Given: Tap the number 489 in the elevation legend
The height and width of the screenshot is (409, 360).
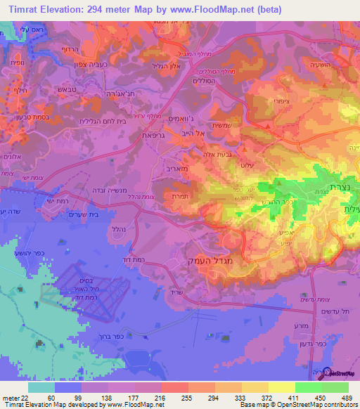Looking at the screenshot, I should click(x=347, y=399).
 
